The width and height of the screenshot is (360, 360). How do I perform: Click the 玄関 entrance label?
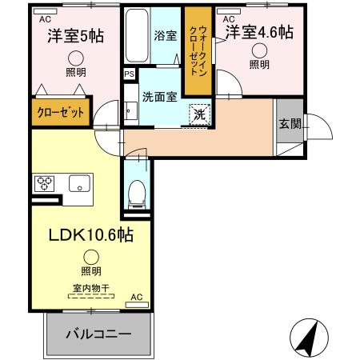click(x=289, y=123)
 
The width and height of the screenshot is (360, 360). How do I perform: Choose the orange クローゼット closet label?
click(x=61, y=113)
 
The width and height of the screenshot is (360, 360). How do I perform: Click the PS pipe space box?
click(x=129, y=74)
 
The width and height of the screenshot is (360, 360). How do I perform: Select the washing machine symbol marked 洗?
click(x=200, y=114)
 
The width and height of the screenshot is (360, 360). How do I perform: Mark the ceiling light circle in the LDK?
click(x=91, y=257)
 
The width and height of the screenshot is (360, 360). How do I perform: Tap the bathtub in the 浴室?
click(x=135, y=36)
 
